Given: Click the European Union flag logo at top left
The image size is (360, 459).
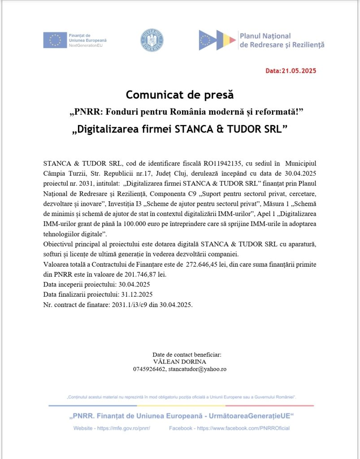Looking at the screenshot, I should (x=55, y=40).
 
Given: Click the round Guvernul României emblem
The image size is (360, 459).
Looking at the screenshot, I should (x=152, y=40).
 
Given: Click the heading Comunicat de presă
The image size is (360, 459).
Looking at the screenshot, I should (x=180, y=95).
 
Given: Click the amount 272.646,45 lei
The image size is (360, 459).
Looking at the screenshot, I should (x=207, y=264).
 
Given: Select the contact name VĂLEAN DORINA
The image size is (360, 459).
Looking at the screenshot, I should (x=180, y=362).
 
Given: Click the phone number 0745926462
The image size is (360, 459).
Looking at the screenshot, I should (x=149, y=369).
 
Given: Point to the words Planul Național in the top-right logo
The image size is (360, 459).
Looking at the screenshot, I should (x=265, y=36).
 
